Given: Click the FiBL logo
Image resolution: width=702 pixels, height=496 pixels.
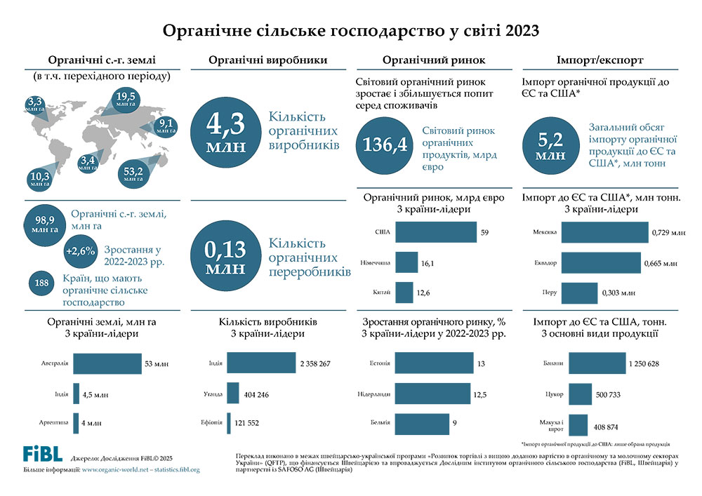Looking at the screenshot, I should [x=42, y=453].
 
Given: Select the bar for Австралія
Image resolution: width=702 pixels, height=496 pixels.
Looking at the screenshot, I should [x=107, y=364].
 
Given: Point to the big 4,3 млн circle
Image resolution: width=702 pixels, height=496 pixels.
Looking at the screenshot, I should [x=225, y=131].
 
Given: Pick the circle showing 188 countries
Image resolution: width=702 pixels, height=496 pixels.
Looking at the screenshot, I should [x=41, y=283].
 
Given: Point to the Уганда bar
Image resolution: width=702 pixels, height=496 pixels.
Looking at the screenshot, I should [x=233, y=394].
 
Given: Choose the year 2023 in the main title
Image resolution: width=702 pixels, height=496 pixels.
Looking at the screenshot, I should [x=519, y=31].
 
